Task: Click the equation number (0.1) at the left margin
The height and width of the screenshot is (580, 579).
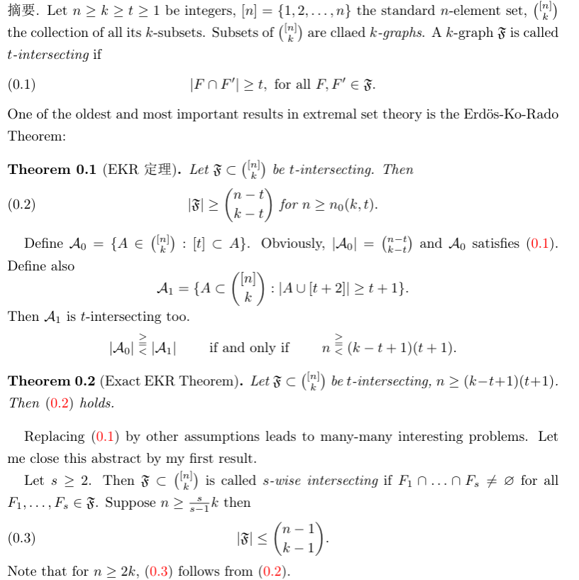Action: (x=21, y=85)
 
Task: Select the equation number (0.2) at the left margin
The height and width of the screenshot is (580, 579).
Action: (x=21, y=205)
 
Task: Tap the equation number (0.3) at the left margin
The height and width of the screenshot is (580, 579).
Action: (x=21, y=538)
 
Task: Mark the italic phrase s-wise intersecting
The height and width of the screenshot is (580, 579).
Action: (x=321, y=481)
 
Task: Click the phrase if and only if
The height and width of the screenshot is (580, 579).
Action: (x=249, y=348)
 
